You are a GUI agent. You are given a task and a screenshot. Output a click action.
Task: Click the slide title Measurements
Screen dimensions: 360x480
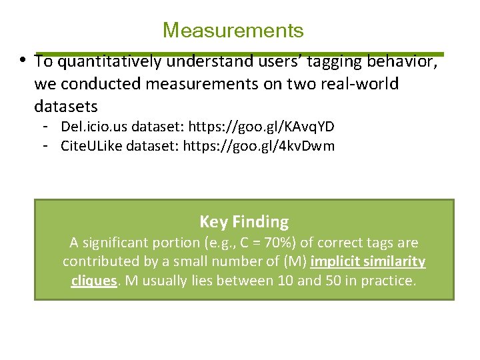[x=233, y=31]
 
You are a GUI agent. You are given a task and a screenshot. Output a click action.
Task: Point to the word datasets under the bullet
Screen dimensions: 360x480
[x=66, y=106]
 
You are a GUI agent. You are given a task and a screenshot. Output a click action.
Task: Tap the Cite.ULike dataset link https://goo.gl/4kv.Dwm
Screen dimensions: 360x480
[x=262, y=145]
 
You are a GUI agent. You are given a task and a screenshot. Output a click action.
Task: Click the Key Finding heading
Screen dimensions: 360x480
[x=244, y=222]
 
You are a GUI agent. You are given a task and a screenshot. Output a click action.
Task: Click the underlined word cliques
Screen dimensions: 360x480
[x=94, y=281]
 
